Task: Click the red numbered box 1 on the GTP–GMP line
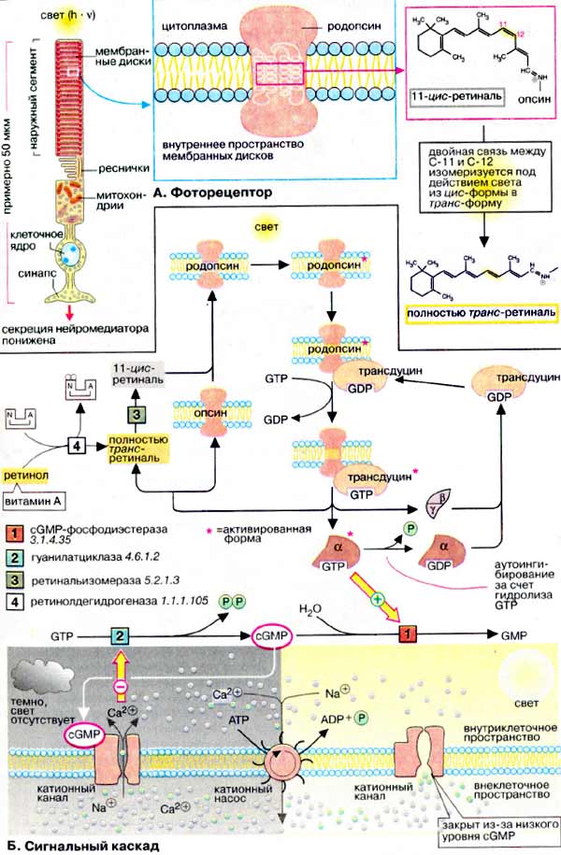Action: (405, 634)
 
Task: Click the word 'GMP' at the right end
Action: (511, 634)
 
